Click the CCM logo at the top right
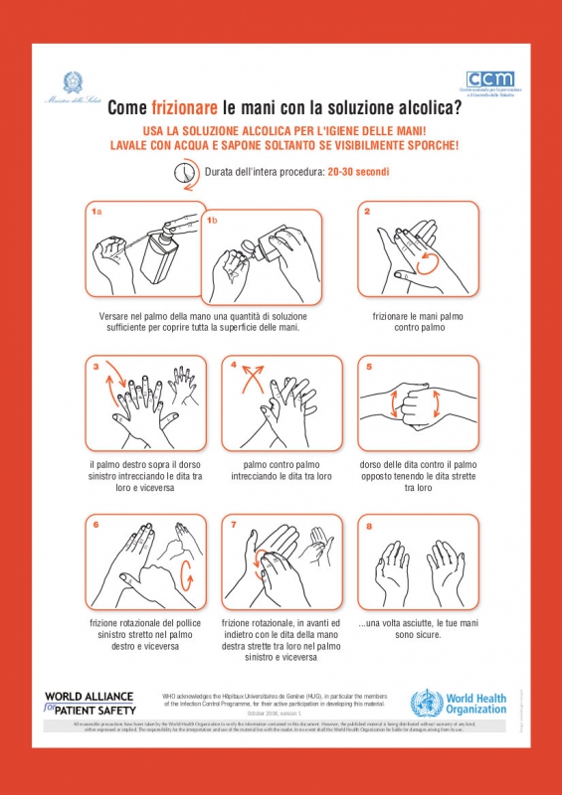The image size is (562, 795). (490, 80)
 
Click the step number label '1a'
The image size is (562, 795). (96, 212)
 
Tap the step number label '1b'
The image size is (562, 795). (213, 220)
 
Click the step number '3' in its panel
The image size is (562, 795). (95, 367)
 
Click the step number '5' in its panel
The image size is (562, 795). (368, 367)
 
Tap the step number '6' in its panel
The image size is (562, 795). (95, 524)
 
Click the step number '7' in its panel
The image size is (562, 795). (232, 524)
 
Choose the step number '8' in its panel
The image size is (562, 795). (368, 524)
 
